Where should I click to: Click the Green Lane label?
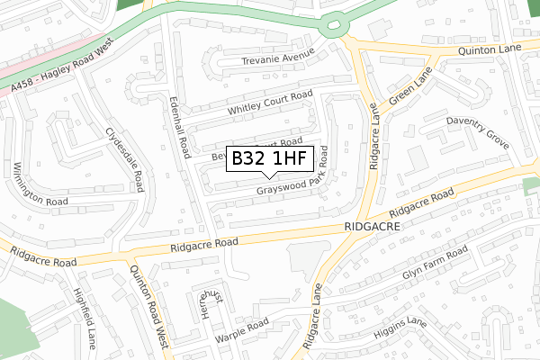coord(410,85)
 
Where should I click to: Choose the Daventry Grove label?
coord(478,131)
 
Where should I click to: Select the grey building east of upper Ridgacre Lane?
coord(417,160)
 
